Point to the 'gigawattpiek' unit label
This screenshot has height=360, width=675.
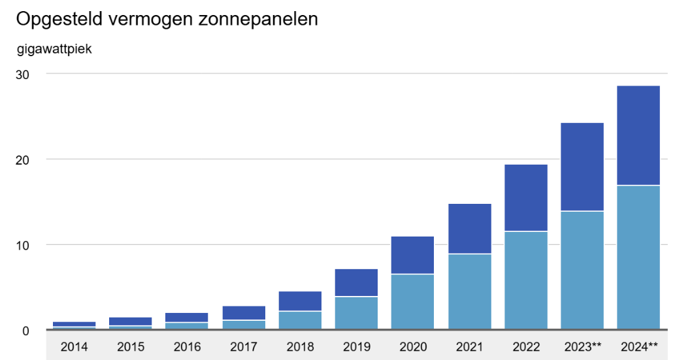54,48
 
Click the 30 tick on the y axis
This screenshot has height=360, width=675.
22,74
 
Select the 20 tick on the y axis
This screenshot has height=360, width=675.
22,159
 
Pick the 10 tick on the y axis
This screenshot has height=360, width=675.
22,245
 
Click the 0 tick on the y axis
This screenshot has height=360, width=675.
25,331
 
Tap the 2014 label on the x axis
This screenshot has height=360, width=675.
74,347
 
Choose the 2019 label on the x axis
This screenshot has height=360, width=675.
356,347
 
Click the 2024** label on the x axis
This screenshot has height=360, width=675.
638,347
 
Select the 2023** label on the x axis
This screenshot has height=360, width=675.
582,347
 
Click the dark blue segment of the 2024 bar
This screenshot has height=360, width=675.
638,135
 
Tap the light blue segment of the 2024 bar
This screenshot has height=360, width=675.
638,257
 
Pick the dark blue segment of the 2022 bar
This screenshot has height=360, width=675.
525,197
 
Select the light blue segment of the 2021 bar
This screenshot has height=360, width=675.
469,291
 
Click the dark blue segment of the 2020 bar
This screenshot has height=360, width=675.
412,255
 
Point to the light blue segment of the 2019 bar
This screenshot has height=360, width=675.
356,313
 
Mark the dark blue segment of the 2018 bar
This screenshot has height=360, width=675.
300,301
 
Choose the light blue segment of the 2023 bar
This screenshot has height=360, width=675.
582,270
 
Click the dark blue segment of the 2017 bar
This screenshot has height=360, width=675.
243,313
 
